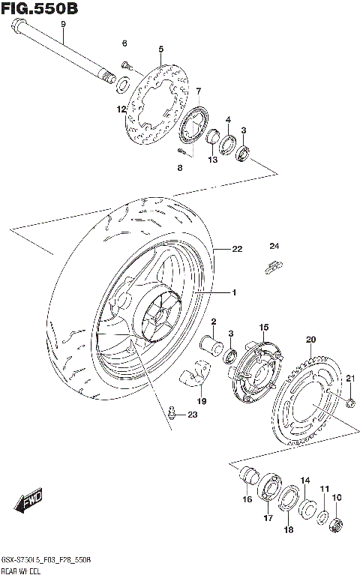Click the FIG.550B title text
tap(39, 9)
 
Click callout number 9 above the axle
tap(64, 25)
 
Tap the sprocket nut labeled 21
tap(350, 405)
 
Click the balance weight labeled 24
tap(274, 265)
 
